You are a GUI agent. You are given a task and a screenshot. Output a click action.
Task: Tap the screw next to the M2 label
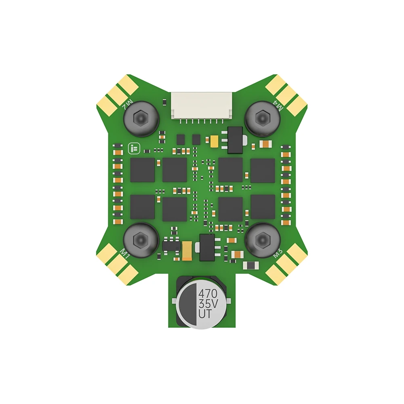(141, 118)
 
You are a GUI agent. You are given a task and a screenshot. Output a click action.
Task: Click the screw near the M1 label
(141, 240)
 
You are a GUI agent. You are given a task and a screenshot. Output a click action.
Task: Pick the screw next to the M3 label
(262, 240)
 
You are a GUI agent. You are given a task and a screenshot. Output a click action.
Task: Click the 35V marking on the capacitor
(208, 304)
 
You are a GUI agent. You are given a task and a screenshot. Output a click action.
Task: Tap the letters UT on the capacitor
(205, 314)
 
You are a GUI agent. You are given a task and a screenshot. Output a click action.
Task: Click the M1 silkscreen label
(125, 254)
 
